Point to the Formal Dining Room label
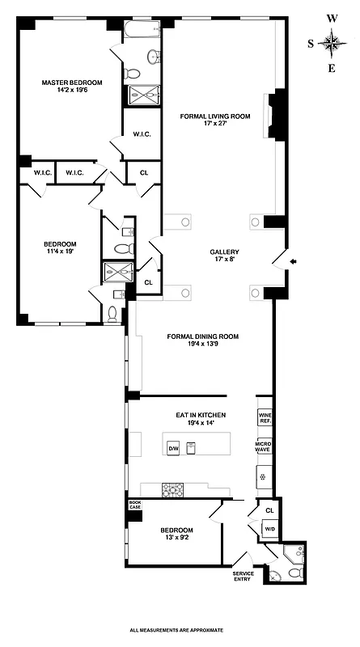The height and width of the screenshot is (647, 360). pos(203,340)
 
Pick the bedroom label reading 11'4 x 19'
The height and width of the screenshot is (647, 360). pos(60,250)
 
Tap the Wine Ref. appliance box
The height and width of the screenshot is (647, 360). pos(265,418)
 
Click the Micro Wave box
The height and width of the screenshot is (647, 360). pos(264,447)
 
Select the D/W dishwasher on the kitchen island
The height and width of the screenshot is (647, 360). pos(172,447)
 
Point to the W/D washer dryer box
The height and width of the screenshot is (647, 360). pos(269,530)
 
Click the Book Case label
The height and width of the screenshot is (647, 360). pos(134,505)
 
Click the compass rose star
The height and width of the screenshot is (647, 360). pos(332,42)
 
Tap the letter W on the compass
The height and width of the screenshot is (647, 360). pos(332,16)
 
